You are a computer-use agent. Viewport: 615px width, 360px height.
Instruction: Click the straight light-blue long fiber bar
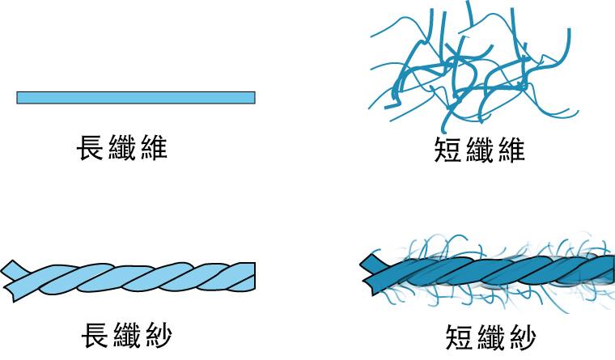pyautogui.click(x=136, y=98)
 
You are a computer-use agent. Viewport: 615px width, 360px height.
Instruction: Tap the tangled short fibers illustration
pyautogui.click(x=469, y=73)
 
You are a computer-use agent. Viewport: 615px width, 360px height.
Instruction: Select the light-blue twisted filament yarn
pyautogui.click(x=134, y=277)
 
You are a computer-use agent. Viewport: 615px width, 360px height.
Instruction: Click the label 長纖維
pyautogui.click(x=121, y=148)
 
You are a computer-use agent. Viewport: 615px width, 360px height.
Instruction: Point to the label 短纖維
pyautogui.click(x=480, y=150)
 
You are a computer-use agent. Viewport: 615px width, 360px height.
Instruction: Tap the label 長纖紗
pyautogui.click(x=126, y=335)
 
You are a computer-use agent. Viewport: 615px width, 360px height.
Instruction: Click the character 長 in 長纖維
pyautogui.click(x=91, y=148)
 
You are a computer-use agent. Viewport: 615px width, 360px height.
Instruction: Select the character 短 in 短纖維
pyautogui.click(x=449, y=150)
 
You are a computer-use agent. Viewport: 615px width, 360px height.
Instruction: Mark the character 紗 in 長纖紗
pyautogui.click(x=157, y=335)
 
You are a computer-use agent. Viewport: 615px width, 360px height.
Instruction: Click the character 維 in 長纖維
pyautogui.click(x=152, y=148)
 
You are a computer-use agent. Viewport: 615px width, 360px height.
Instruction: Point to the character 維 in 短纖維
pyautogui.click(x=511, y=150)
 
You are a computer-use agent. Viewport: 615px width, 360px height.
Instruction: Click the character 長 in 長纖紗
pyautogui.click(x=95, y=335)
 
